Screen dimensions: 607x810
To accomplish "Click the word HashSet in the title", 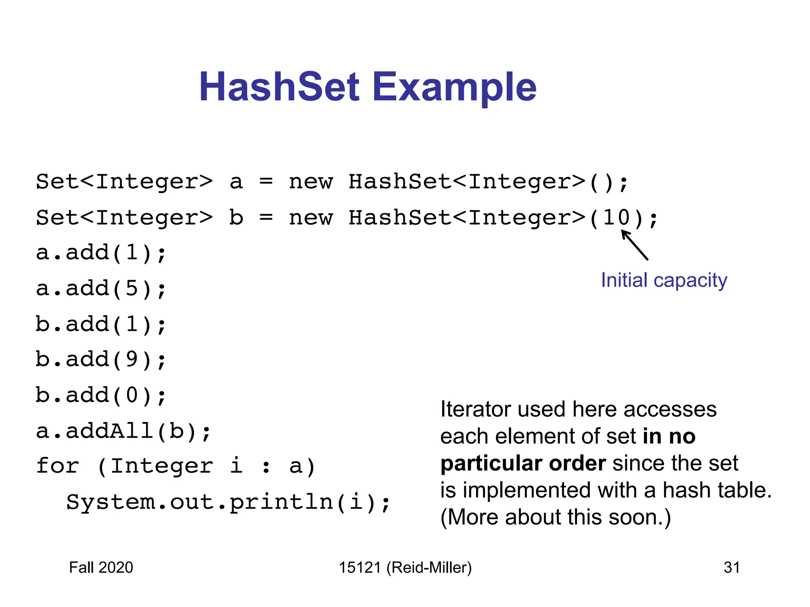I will coord(279,87).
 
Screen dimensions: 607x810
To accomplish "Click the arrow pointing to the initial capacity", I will coord(635,245).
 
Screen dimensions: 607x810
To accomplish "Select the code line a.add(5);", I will coord(101,288).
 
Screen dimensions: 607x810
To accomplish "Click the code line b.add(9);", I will coord(101,360).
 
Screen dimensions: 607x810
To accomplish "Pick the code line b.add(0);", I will coord(101,395).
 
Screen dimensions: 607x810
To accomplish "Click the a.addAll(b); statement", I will coord(123,431).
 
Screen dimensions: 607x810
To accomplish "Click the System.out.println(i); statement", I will coord(228,502).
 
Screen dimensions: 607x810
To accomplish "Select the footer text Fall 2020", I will coord(101,567).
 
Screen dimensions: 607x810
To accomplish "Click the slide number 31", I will coord(731,567).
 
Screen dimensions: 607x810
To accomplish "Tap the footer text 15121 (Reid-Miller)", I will coord(405,567).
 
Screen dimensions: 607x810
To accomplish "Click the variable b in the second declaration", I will coord(236,218).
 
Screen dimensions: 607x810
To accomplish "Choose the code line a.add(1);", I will coord(101,253).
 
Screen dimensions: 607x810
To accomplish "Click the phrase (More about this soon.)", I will coord(555,517).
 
